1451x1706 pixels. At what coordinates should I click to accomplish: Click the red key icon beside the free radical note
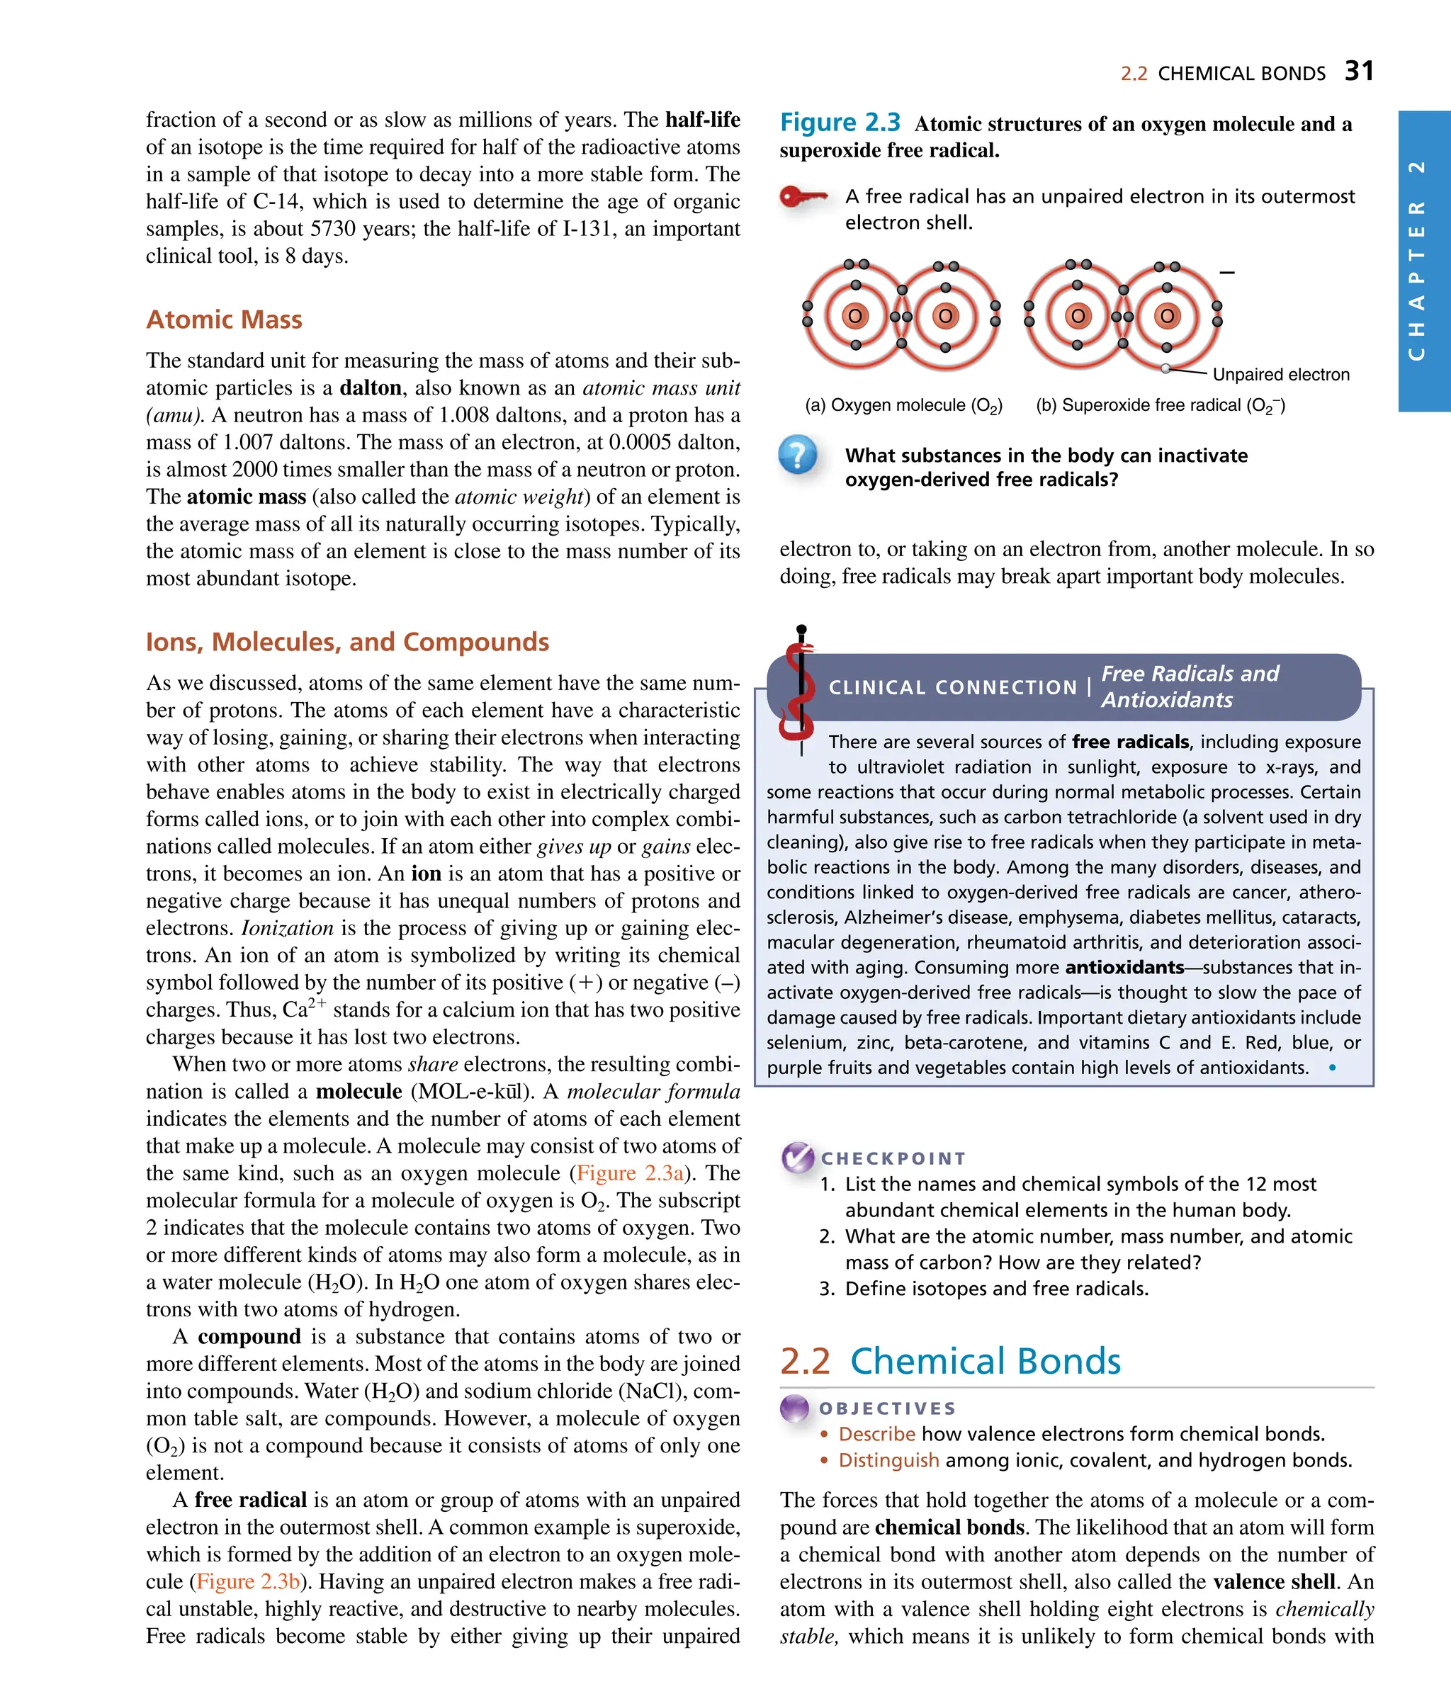tap(802, 196)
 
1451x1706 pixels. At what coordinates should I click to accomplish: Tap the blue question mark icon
tap(797, 454)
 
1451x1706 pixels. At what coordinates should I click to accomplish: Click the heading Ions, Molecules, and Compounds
tap(347, 642)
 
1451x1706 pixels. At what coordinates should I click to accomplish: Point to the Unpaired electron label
tap(1281, 374)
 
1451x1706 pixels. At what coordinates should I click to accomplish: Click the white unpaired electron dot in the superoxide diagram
tap(1165, 368)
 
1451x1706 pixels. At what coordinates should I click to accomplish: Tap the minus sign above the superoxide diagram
tap(1226, 272)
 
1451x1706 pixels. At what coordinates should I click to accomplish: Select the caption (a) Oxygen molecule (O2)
tap(903, 405)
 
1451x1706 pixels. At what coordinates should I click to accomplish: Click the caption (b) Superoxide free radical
tap(1160, 405)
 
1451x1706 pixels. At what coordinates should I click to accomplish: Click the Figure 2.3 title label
tap(840, 123)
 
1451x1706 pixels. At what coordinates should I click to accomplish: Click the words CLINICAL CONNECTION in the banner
tap(952, 687)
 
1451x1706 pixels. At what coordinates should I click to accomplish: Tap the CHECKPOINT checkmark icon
tap(796, 1158)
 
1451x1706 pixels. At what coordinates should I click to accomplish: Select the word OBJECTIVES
tap(888, 1408)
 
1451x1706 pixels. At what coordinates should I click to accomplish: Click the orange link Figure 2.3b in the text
tap(247, 1581)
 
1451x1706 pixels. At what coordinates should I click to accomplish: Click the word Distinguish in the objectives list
tap(888, 1460)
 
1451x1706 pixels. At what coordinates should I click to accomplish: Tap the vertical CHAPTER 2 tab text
tap(1416, 260)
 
